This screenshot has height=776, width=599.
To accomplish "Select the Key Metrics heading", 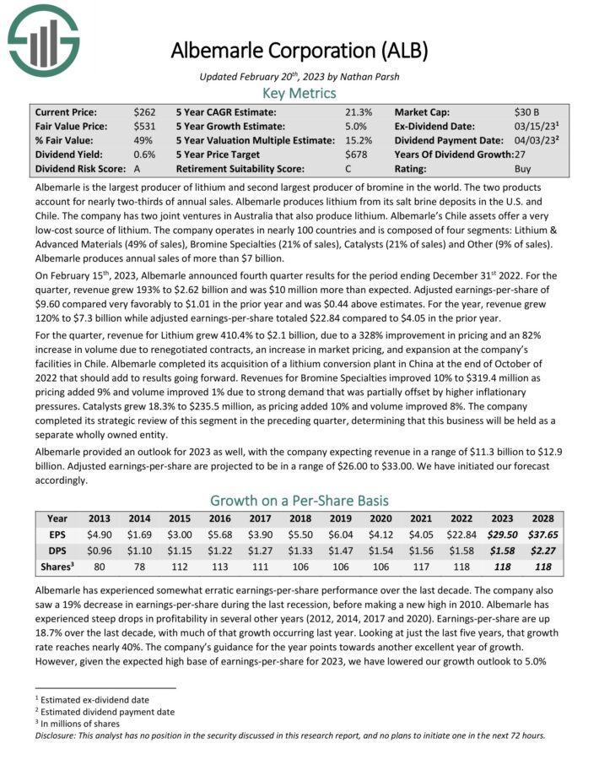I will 299,93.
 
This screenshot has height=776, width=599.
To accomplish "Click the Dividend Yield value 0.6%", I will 143,155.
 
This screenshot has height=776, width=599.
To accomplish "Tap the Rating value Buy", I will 524,169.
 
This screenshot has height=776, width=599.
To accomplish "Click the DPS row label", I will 57,551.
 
